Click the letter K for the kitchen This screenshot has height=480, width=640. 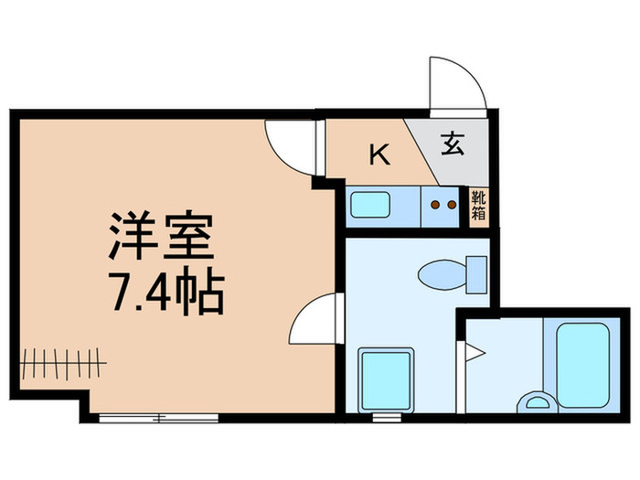[x=379, y=154]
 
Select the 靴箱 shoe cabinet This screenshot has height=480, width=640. [x=479, y=207]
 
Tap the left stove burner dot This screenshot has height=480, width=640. [x=437, y=205]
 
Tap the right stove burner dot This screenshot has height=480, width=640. [x=451, y=205]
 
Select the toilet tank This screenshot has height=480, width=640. [x=475, y=272]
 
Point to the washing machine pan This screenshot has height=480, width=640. [x=387, y=379]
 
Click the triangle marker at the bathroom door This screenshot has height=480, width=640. [x=471, y=350]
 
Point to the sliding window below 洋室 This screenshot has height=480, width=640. [x=159, y=418]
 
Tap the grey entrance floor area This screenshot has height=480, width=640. [x=448, y=146]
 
